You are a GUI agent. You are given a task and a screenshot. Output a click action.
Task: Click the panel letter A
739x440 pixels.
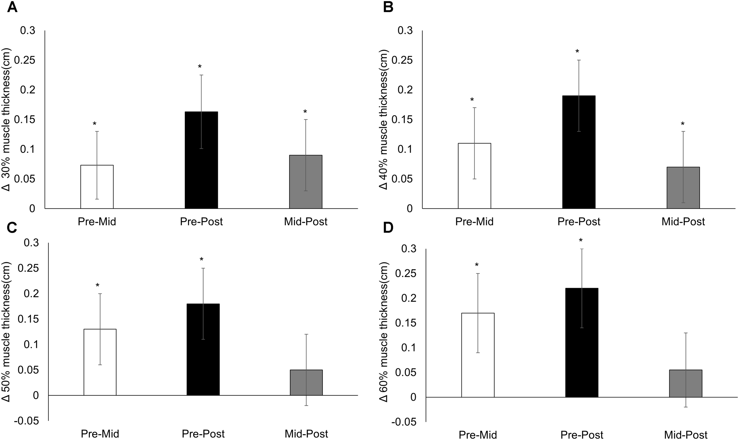(x=12, y=7)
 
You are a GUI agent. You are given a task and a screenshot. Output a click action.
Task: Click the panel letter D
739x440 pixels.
(x=388, y=228)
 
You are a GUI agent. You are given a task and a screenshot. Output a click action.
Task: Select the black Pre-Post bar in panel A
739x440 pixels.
(x=201, y=160)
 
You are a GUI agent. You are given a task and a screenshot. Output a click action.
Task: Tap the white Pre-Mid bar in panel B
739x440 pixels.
(x=474, y=176)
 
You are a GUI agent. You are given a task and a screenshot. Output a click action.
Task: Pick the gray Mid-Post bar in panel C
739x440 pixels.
(x=306, y=382)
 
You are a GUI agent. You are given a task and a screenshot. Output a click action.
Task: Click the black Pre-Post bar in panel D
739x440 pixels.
(x=582, y=342)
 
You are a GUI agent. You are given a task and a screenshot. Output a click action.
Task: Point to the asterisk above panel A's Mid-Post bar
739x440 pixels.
(x=305, y=112)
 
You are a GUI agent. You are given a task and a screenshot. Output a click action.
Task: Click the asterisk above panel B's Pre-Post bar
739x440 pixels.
(x=577, y=52)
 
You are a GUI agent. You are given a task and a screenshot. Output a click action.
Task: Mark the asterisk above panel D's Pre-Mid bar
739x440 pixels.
(x=477, y=265)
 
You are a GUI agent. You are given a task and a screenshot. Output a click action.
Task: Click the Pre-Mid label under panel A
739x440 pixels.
(x=97, y=222)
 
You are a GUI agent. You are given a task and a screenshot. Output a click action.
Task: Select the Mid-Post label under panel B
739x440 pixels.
(x=683, y=222)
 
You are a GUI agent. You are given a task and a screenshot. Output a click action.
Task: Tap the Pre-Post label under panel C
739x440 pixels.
(x=203, y=434)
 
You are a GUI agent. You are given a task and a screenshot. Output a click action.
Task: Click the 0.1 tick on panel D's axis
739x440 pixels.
(x=409, y=348)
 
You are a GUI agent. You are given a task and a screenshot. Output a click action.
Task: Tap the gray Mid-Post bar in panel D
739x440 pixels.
(x=685, y=383)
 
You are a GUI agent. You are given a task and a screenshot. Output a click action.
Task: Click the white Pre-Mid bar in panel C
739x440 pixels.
(x=100, y=362)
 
